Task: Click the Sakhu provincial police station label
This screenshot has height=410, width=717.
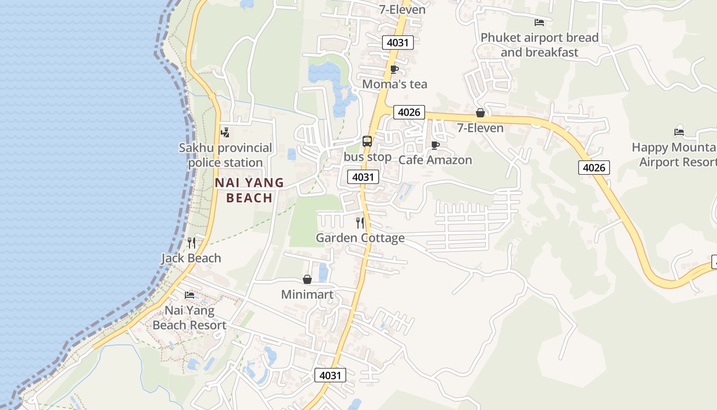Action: click(225, 155)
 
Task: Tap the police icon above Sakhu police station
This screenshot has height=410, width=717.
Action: click(225, 133)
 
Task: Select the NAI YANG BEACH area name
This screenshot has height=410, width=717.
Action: click(249, 190)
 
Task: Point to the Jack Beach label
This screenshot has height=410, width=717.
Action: click(191, 258)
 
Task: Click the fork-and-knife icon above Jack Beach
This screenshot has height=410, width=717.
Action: click(192, 242)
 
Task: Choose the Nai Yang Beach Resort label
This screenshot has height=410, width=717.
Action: click(189, 318)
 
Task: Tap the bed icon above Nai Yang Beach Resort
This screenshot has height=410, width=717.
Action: click(189, 295)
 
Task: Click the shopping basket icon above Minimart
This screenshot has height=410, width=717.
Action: click(307, 279)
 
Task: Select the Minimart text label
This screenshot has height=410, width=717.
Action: click(307, 295)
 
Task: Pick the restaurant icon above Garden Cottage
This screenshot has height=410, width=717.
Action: click(360, 222)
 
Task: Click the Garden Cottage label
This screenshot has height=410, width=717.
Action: click(360, 238)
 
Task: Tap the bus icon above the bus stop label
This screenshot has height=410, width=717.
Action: click(367, 141)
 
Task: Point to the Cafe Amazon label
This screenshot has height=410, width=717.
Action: click(435, 160)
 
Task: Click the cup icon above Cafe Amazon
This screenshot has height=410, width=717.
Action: click(435, 145)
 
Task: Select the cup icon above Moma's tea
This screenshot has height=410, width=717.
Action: click(394, 69)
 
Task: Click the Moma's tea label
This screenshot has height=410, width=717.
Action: click(394, 84)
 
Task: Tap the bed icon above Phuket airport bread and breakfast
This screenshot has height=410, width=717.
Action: click(539, 23)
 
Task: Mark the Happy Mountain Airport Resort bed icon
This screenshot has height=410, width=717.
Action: click(679, 132)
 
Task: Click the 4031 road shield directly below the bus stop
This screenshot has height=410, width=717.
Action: click(363, 177)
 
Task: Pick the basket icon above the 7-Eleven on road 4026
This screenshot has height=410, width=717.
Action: click(480, 113)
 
